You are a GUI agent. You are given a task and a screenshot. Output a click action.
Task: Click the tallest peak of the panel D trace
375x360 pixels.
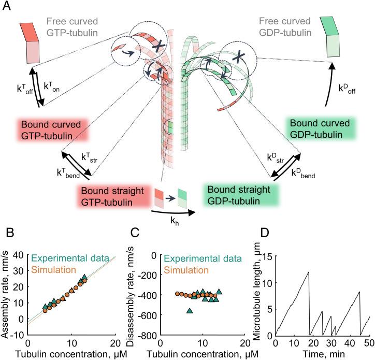coord(309,272)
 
